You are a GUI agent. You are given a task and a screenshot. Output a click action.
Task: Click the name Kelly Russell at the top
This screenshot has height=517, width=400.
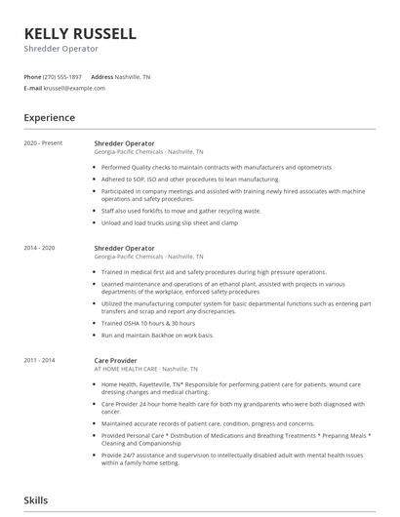80,34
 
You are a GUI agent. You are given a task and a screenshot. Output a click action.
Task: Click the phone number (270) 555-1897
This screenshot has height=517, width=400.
63,76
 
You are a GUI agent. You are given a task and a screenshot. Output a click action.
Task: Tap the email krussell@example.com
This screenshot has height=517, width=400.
74,88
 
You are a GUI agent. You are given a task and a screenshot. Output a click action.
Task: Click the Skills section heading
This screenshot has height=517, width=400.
37,499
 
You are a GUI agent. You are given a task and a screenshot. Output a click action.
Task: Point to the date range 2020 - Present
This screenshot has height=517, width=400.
43,142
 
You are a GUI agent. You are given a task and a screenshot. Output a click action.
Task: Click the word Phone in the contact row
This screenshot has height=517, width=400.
32,76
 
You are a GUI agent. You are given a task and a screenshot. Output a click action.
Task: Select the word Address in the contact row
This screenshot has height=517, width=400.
102,76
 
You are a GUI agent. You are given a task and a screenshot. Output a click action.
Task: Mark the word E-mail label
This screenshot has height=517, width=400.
32,88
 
